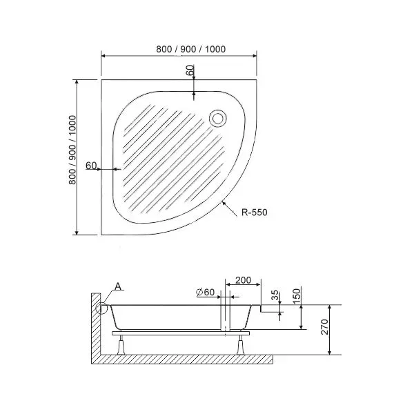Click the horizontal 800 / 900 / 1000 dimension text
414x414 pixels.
(x=191, y=49)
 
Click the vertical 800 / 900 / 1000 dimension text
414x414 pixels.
(x=72, y=150)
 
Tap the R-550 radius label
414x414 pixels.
(x=254, y=213)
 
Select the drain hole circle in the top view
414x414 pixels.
(x=218, y=118)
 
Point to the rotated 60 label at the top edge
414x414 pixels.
(x=190, y=70)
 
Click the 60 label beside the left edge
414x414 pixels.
(x=91, y=166)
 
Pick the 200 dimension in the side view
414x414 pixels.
(x=243, y=280)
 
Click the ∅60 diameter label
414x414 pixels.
(x=205, y=292)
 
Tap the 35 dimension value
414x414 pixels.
(x=275, y=295)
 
